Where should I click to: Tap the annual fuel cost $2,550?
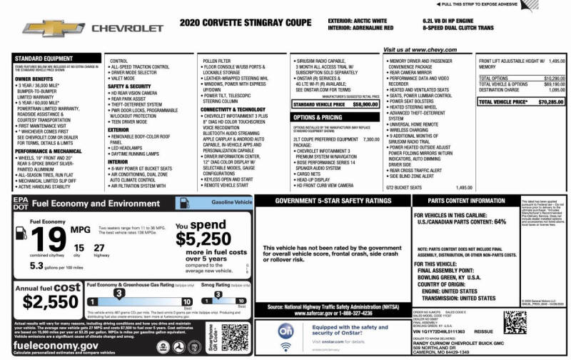click(50, 301)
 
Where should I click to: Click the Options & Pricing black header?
click(318, 117)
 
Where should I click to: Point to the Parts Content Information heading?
click(468, 201)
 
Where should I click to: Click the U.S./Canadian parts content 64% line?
click(460, 221)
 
